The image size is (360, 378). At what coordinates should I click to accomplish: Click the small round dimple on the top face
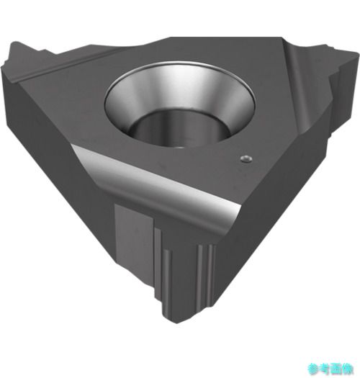coord(246,159)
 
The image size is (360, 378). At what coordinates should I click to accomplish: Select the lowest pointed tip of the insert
coord(177,323)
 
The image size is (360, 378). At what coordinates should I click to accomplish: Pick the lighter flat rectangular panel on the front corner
coord(134,238)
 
